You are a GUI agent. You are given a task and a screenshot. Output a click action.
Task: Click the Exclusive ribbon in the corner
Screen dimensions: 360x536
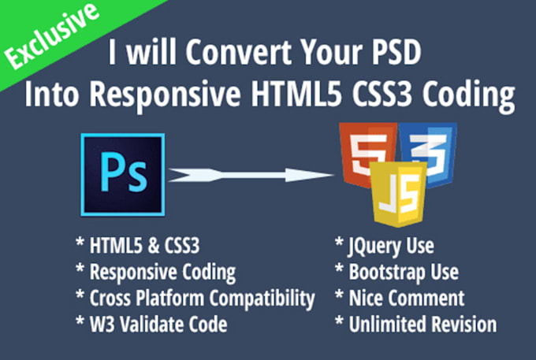(x=49, y=36)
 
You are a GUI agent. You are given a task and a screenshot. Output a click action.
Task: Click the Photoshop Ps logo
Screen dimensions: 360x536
(x=121, y=173)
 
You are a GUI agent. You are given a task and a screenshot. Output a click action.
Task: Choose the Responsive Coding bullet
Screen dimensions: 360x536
(x=157, y=272)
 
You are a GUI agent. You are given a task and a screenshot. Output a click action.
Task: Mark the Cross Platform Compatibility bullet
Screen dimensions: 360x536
(x=197, y=298)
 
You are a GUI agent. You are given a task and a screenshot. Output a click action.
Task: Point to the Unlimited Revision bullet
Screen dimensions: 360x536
(x=415, y=324)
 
